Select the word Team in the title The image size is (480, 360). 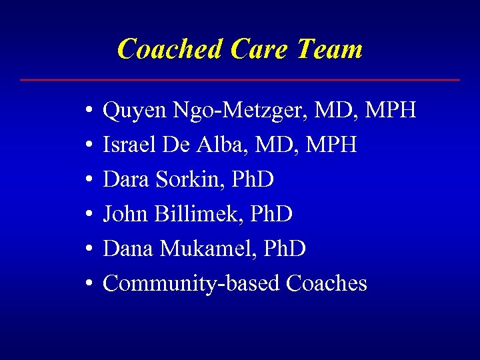tap(330, 49)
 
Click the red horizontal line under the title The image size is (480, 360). tap(240, 80)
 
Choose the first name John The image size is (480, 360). tap(126, 214)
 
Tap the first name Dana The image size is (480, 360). tap(129, 249)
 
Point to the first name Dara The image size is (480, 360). tap(127, 179)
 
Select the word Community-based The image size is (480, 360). tap(191, 283)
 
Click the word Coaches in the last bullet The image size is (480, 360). tap(326, 283)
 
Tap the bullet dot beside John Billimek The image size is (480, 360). tap(89, 215)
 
